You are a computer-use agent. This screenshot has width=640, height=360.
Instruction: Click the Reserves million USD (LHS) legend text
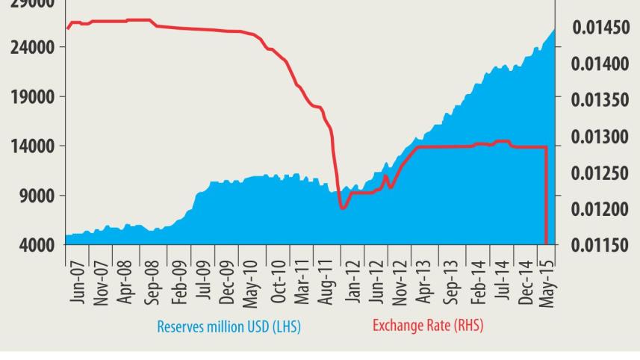(x=229, y=326)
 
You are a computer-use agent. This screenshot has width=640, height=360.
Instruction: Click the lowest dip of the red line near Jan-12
(x=342, y=208)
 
